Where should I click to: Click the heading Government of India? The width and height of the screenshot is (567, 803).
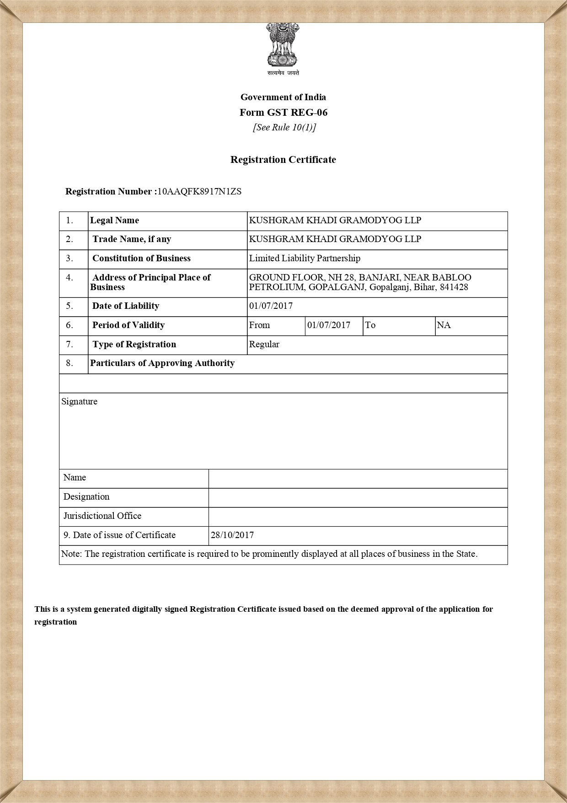[x=283, y=97]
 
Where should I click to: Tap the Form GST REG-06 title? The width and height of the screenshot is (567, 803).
[x=283, y=113]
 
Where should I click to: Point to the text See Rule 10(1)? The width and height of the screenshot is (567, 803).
[x=284, y=127]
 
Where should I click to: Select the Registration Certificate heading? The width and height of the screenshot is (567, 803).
[x=283, y=160]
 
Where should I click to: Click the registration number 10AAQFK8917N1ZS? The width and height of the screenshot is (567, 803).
[x=199, y=192]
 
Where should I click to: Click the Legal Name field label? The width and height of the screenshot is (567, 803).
[x=114, y=221]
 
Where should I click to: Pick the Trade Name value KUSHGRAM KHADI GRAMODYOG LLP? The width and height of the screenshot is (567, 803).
[x=335, y=239]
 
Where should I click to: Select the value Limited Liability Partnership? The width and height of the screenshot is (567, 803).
[x=305, y=259]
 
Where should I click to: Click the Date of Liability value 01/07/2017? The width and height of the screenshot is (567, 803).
[x=271, y=306]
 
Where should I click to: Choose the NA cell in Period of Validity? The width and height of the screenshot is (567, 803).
[x=444, y=325]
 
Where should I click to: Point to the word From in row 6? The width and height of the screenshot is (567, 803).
[x=259, y=325]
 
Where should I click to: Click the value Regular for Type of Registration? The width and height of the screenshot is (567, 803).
[x=264, y=345]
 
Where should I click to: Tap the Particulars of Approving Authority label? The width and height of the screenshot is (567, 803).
[x=162, y=363]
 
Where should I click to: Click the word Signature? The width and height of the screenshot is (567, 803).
[x=79, y=402]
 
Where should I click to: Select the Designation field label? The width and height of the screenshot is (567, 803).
[x=86, y=497]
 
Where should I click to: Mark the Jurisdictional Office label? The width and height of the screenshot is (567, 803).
[x=102, y=516]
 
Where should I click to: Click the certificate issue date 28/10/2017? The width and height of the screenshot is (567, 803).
[x=232, y=535]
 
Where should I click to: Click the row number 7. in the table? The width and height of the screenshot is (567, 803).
[x=70, y=345]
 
